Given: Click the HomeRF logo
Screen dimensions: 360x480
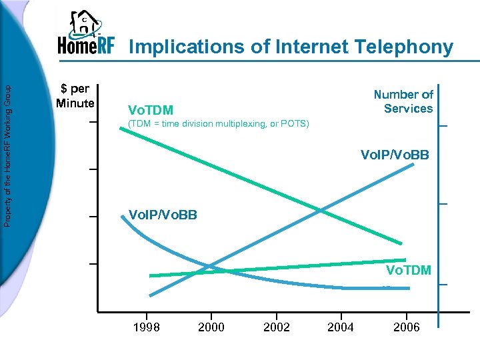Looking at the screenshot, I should coord(86,34).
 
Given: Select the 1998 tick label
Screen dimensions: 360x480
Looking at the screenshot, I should coord(146,327).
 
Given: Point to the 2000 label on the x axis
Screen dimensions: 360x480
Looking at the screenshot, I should coord(211,327).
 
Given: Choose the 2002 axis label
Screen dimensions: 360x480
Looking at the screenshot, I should coord(277,327).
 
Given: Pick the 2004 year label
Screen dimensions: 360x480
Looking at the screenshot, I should coord(341,327).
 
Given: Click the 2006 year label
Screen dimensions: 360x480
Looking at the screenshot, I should coord(406,327).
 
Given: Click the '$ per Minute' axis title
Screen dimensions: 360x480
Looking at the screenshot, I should coord(75,96).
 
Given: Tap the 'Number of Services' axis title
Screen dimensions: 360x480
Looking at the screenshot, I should coord(403,101).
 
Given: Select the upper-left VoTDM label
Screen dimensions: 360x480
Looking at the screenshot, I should coord(151,110).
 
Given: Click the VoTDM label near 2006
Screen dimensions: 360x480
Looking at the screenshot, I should coord(409,270).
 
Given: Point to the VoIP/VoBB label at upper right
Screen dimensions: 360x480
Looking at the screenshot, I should coord(395,155).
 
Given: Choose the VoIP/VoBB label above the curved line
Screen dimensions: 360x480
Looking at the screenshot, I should coord(163,215).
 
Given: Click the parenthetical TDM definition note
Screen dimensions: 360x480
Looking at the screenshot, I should coord(218,124).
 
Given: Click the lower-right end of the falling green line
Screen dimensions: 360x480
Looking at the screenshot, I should coord(401,243).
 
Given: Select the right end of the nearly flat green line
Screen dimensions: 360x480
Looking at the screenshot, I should coord(405,259).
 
